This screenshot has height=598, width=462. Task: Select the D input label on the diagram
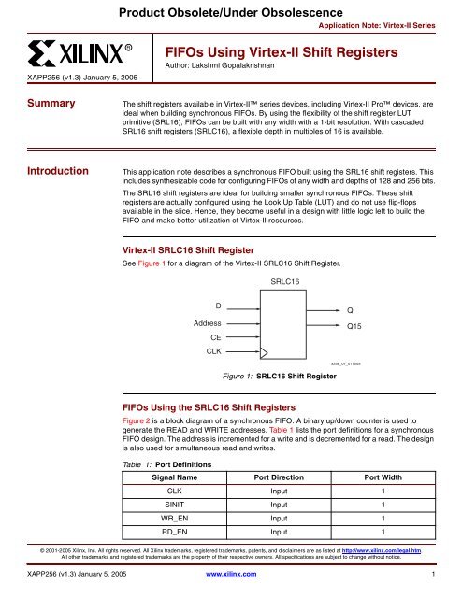coord(218,304)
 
